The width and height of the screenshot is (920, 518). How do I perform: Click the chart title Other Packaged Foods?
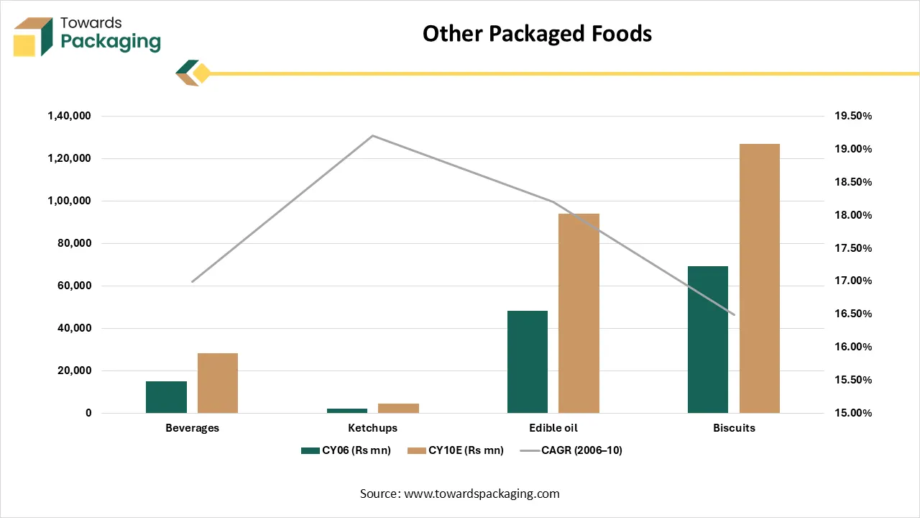point(537,34)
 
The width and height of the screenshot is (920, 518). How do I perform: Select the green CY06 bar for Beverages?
point(166,397)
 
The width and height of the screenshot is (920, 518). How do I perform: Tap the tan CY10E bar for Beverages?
point(218,383)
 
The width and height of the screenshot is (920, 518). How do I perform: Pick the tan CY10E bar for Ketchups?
point(398,408)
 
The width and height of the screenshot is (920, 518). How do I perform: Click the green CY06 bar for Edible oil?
point(528,362)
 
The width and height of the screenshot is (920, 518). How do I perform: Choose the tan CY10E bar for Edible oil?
point(579,313)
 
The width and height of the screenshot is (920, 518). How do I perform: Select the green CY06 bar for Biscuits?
point(708,340)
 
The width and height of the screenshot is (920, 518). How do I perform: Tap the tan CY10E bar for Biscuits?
point(760,278)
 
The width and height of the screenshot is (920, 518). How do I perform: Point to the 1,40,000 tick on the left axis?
point(70,116)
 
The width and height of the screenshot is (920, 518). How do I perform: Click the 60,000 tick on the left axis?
point(75,286)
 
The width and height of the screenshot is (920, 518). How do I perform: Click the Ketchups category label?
point(372,428)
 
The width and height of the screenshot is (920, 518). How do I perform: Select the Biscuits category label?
point(734,428)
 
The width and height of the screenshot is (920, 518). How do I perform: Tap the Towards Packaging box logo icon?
point(33,37)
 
